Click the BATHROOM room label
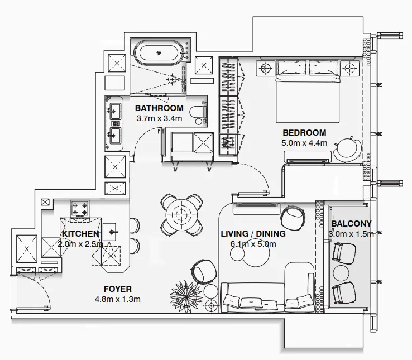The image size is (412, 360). pyautogui.click(x=159, y=108)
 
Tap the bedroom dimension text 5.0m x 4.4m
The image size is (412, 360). pyautogui.click(x=304, y=143)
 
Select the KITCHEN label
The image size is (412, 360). pyautogui.click(x=80, y=234)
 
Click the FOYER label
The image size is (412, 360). pyautogui.click(x=118, y=289)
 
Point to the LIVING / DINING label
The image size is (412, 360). pyautogui.click(x=253, y=234)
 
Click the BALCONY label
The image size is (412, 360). pyautogui.click(x=351, y=224)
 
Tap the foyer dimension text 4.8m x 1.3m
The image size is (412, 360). pyautogui.click(x=118, y=299)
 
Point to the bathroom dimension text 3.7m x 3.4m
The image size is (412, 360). pyautogui.click(x=159, y=118)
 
